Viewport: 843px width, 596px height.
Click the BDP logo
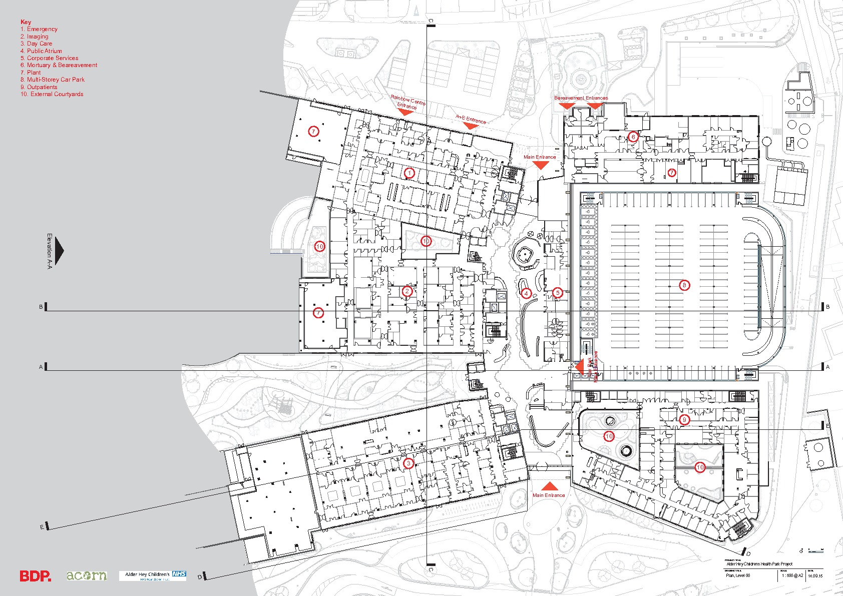pyautogui.click(x=35, y=576)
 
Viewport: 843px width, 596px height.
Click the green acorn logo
pyautogui.click(x=87, y=575)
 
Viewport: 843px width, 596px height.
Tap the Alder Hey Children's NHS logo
pyautogui.click(x=153, y=575)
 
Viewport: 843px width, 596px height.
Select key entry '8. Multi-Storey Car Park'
pyautogui.click(x=53, y=80)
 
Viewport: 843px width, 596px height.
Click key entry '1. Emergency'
pyautogui.click(x=39, y=29)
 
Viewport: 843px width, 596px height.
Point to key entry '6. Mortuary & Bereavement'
pyautogui.click(x=59, y=65)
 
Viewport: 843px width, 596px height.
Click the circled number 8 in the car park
pyautogui.click(x=684, y=285)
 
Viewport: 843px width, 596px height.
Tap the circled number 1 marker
pyautogui.click(x=409, y=173)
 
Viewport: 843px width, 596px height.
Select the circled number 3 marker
pyautogui.click(x=408, y=463)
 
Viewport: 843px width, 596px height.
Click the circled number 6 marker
pyautogui.click(x=633, y=137)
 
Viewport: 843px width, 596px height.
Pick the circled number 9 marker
pyautogui.click(x=684, y=420)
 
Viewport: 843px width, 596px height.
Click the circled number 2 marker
pyautogui.click(x=407, y=291)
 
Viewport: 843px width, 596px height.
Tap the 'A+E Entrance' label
pyautogui.click(x=471, y=119)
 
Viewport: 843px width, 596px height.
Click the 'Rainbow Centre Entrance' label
pyautogui.click(x=407, y=103)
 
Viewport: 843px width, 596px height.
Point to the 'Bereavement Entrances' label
pyautogui.click(x=581, y=98)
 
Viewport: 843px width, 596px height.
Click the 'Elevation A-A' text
pyautogui.click(x=49, y=251)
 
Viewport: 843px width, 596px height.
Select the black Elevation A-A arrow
pyautogui.click(x=59, y=250)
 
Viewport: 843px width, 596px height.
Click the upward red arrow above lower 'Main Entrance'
pyautogui.click(x=549, y=486)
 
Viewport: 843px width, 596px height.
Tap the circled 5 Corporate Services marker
pyautogui.click(x=557, y=293)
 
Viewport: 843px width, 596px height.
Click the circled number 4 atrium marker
pyautogui.click(x=526, y=293)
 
